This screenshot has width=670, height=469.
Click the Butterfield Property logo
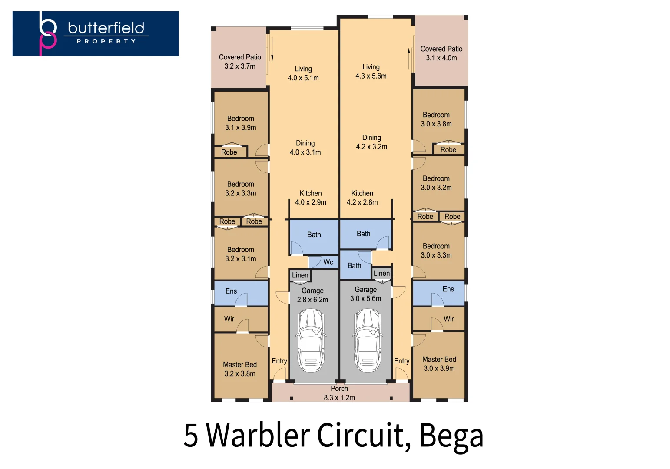(x=95, y=33)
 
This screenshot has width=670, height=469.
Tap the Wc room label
(x=328, y=262)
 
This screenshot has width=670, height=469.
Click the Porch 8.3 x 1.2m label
(x=339, y=393)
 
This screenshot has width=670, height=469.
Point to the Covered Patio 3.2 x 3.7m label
(x=240, y=62)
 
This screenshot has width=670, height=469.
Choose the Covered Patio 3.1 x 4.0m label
(x=441, y=53)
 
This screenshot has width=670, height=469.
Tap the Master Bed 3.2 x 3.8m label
(x=240, y=369)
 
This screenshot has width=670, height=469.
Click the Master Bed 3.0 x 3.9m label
(x=439, y=364)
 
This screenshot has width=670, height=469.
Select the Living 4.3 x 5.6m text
(x=371, y=72)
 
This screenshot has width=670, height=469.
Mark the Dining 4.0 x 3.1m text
(x=305, y=148)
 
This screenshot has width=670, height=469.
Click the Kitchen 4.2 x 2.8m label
(x=362, y=198)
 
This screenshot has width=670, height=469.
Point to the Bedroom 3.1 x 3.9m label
(x=240, y=123)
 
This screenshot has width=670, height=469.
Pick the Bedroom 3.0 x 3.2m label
(x=436, y=183)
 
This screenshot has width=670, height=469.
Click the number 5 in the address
(x=191, y=435)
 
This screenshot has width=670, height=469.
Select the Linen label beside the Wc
(x=300, y=275)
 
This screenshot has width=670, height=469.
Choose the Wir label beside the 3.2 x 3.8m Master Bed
(x=229, y=319)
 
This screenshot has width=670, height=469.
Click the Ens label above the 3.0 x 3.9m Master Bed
(x=448, y=289)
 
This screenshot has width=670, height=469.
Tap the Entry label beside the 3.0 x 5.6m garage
(x=401, y=361)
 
